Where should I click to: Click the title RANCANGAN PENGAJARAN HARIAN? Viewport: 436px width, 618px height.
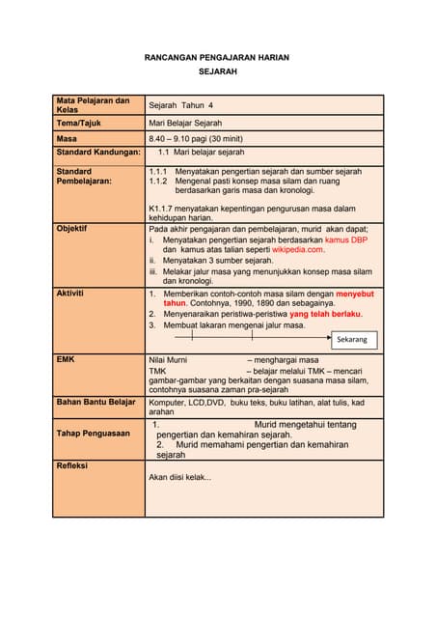[x=217, y=58]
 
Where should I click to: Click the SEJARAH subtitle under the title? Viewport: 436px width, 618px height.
[x=217, y=72]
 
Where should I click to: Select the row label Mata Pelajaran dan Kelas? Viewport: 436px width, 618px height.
[x=93, y=104]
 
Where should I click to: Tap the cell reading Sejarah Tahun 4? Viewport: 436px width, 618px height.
[x=181, y=104]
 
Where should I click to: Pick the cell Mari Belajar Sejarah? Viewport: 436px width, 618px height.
[x=185, y=124]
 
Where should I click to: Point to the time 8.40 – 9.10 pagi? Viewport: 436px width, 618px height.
[x=189, y=139]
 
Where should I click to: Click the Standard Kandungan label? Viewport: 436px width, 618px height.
[x=98, y=153]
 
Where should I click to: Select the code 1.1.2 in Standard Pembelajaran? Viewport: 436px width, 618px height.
[x=158, y=181]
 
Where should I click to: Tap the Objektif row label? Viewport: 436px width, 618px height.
[x=73, y=230]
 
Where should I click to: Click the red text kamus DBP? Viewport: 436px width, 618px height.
[x=345, y=239]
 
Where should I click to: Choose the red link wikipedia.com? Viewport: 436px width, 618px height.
[x=297, y=249]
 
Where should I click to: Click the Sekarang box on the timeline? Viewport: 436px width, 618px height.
[x=352, y=340]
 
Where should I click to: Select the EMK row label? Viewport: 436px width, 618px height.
[x=67, y=359]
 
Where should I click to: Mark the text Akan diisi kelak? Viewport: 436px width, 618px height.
[x=179, y=477]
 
